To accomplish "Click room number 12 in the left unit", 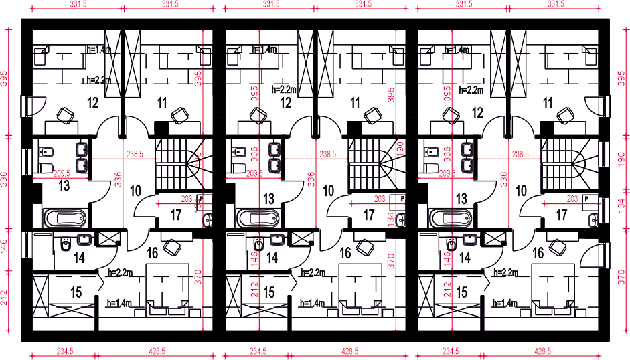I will (92, 103).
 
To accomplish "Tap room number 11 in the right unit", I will (548, 103).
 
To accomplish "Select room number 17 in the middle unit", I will (368, 215).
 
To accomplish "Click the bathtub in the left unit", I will (65, 217).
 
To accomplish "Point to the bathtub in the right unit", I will (451, 217).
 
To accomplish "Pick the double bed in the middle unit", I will (360, 288).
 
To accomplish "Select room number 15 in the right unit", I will (462, 292).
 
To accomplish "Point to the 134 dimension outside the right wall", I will (621, 204).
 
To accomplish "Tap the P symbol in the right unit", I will (586, 199).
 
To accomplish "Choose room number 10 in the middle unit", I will (328, 191).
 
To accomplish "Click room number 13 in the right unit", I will (462, 199).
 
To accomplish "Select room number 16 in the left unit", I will (152, 252).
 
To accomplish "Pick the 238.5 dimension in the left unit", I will (134, 153).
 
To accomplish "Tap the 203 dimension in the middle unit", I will (380, 199).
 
